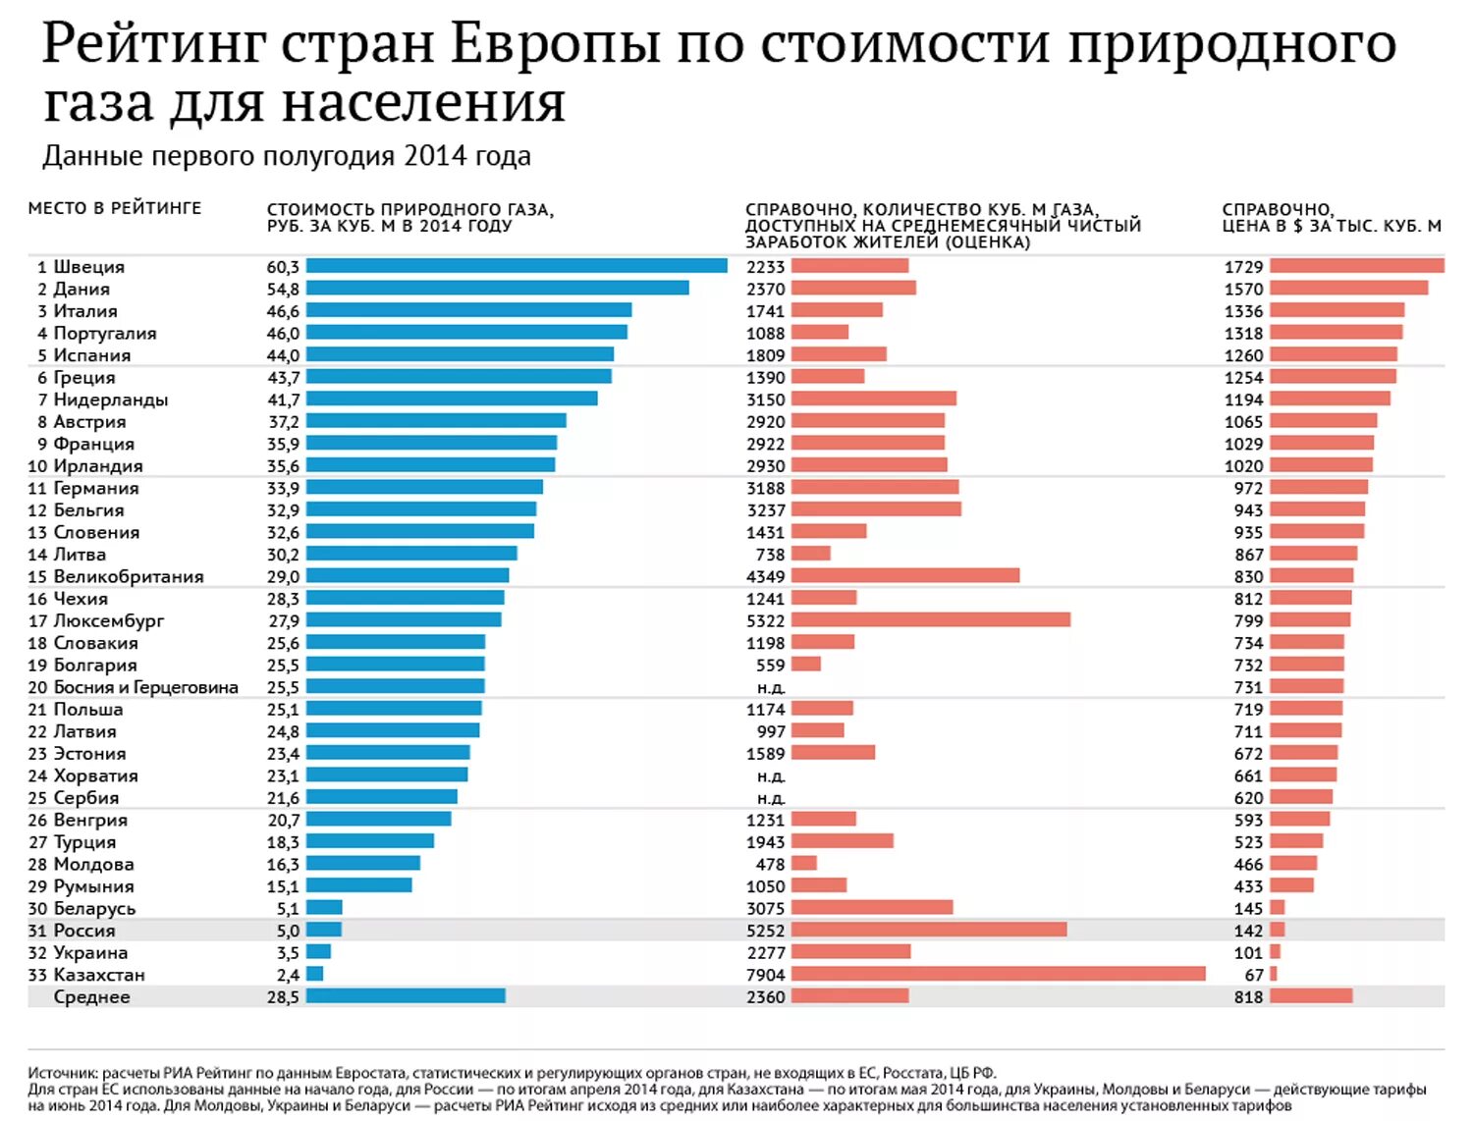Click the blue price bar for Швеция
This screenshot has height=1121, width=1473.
click(x=517, y=266)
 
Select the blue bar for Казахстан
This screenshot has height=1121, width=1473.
click(x=314, y=974)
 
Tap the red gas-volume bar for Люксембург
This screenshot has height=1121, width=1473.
click(x=930, y=620)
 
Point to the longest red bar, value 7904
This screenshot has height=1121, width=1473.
click(x=998, y=974)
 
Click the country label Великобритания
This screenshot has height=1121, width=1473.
click(x=128, y=576)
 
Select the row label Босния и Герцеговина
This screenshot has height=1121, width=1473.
click(x=145, y=687)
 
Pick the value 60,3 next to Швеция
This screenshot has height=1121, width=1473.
click(x=283, y=267)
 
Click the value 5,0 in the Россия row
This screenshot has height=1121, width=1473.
click(x=288, y=931)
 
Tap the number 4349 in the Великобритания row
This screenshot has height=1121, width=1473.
click(x=765, y=576)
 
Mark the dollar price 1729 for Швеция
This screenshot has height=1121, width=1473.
click(x=1243, y=267)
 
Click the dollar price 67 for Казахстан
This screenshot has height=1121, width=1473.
click(x=1253, y=975)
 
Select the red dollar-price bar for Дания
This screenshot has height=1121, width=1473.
click(x=1348, y=289)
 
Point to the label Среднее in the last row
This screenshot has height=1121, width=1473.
click(x=91, y=997)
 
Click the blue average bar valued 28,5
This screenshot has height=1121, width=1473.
click(x=406, y=996)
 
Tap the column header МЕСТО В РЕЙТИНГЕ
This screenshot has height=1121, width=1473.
click(x=114, y=208)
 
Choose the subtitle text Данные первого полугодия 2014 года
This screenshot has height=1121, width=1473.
click(x=286, y=156)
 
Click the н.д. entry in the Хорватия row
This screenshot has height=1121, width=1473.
click(x=771, y=775)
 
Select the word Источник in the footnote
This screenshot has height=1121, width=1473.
click(x=62, y=1073)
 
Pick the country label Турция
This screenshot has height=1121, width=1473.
click(x=84, y=842)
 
